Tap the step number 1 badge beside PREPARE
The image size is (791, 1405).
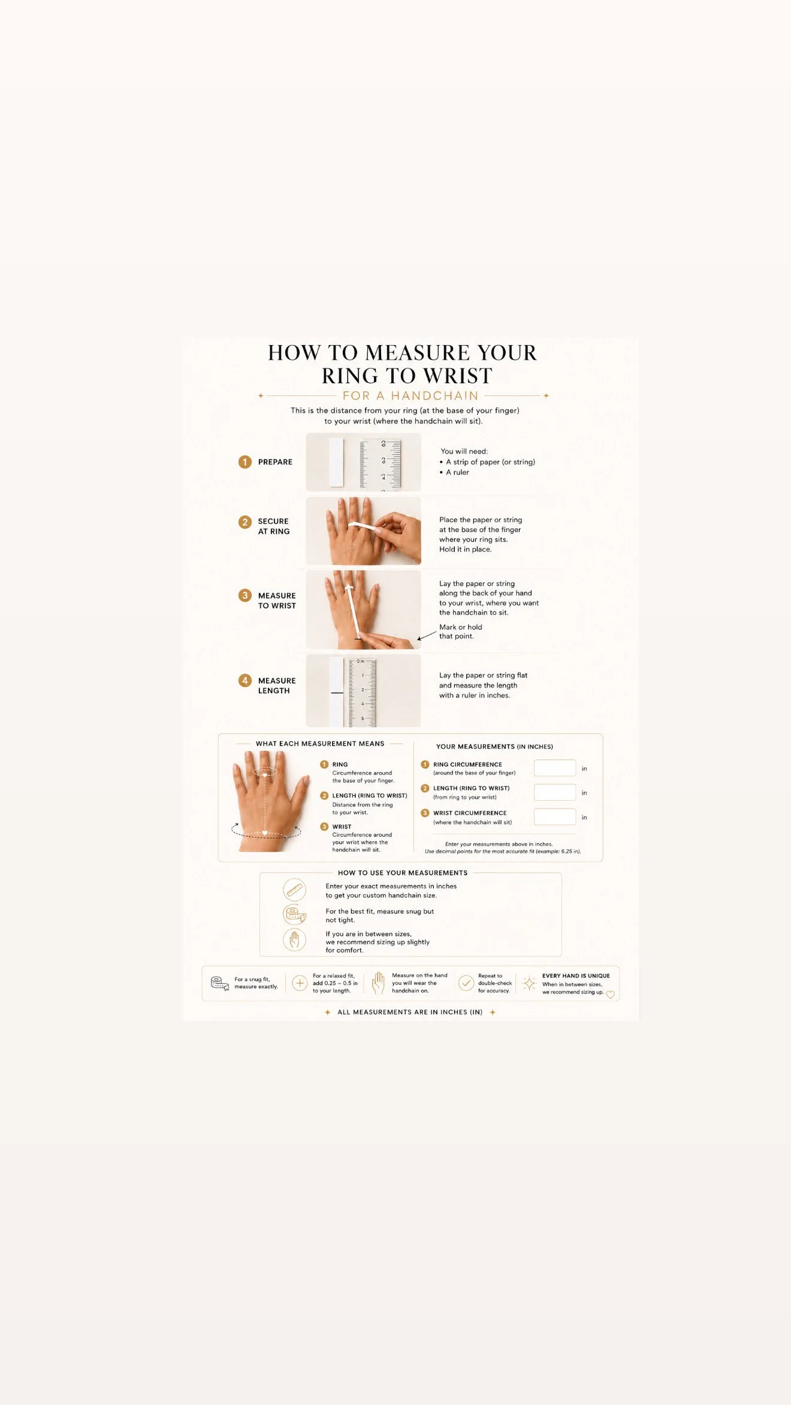[x=244, y=462]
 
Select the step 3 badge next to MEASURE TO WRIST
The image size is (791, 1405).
[x=244, y=595]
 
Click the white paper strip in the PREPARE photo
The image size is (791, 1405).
[x=336, y=462]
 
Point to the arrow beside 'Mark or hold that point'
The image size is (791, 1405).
[x=427, y=635]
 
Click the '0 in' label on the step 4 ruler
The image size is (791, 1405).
[x=360, y=661]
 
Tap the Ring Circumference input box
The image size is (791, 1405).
[x=555, y=768]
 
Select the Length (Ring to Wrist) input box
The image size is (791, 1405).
[x=555, y=792]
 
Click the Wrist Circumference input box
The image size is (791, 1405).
[x=555, y=817]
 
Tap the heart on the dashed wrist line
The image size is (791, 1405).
[x=265, y=832]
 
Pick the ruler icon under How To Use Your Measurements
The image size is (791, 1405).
[x=294, y=891]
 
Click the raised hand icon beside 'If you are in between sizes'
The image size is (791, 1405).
[x=294, y=940]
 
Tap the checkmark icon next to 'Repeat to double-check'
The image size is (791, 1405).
[x=466, y=983]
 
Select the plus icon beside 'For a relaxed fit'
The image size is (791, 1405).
[x=300, y=983]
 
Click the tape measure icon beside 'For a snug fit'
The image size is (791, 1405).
[x=220, y=983]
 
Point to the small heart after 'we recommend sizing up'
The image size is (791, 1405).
[x=611, y=995]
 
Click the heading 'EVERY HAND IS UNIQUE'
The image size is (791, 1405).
[x=576, y=976]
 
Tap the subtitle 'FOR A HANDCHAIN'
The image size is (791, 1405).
[x=410, y=396]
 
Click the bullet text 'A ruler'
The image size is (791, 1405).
[x=457, y=472]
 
